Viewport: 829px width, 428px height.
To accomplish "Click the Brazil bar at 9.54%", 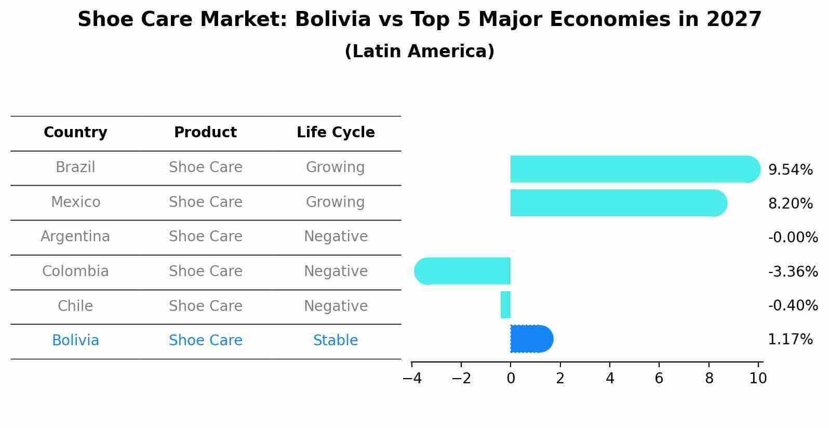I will tap(634, 169).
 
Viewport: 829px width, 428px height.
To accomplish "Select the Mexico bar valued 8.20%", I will tap(618, 203).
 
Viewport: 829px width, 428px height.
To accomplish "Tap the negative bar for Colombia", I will tap(462, 271).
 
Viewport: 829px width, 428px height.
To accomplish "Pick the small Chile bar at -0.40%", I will tap(505, 305).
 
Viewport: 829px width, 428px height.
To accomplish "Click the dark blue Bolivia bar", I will tap(531, 339).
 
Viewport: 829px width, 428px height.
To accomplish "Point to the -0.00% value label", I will tap(793, 238).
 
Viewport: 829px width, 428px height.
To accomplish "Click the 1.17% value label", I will tap(790, 340).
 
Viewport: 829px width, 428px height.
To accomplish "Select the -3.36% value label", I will tap(793, 271).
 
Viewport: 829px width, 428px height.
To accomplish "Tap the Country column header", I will tap(75, 133).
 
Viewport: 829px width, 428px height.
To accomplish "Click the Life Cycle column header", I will tap(336, 133).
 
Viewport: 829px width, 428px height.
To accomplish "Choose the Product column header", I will tap(205, 133).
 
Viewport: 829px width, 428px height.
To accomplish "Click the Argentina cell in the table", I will tap(75, 237).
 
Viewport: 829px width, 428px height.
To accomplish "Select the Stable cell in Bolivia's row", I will tap(336, 341).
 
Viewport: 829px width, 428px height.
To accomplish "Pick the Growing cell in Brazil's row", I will tap(336, 167).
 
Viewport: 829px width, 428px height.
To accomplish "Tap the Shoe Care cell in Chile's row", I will tap(205, 306).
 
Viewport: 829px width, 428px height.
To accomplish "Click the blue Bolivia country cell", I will tap(75, 341).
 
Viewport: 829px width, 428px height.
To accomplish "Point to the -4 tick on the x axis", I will tap(411, 379).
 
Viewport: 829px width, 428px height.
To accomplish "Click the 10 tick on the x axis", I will tap(758, 379).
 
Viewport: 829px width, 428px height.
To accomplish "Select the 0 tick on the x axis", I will tap(511, 379).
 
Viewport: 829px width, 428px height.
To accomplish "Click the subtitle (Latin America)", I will tap(419, 51).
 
